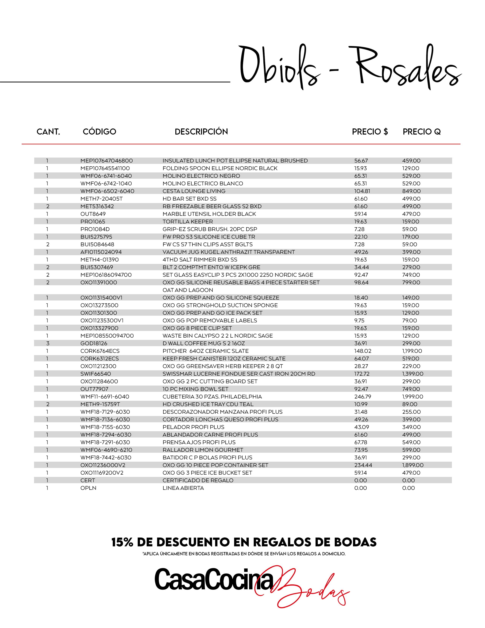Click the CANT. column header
point(48,132)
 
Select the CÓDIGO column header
point(99,132)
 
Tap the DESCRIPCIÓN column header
point(201,132)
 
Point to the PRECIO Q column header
point(421,132)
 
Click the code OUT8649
point(93,214)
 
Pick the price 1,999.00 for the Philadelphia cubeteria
point(413,397)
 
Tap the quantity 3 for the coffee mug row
point(48,343)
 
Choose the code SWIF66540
point(95,374)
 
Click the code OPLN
point(88,488)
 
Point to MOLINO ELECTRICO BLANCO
point(203,183)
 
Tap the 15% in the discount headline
point(122,542)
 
